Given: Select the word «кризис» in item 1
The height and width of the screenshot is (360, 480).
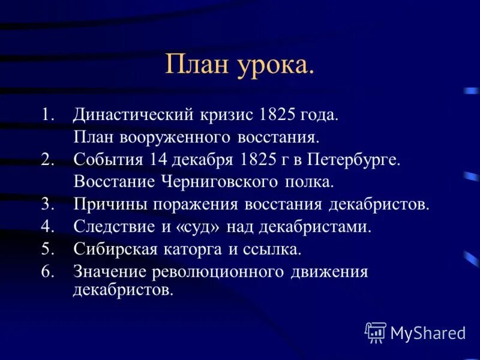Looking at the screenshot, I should click(x=230, y=115).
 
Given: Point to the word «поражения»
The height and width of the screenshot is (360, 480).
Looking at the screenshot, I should click(x=195, y=204).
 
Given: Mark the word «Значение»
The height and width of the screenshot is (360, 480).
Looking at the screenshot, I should click(x=111, y=271).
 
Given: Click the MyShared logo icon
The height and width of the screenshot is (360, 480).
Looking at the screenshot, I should click(x=376, y=332).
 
